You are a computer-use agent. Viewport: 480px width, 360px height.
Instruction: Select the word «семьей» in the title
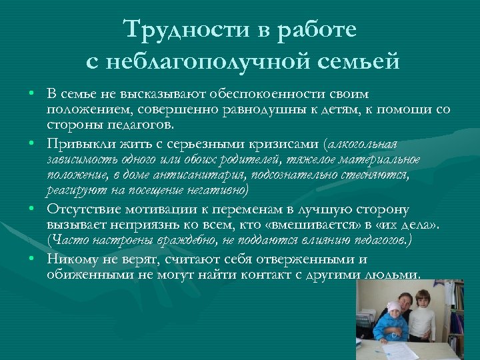click(363, 61)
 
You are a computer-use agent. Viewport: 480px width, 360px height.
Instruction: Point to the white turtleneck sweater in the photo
click(421, 320)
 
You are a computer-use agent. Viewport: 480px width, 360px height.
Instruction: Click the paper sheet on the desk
click(403, 350)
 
